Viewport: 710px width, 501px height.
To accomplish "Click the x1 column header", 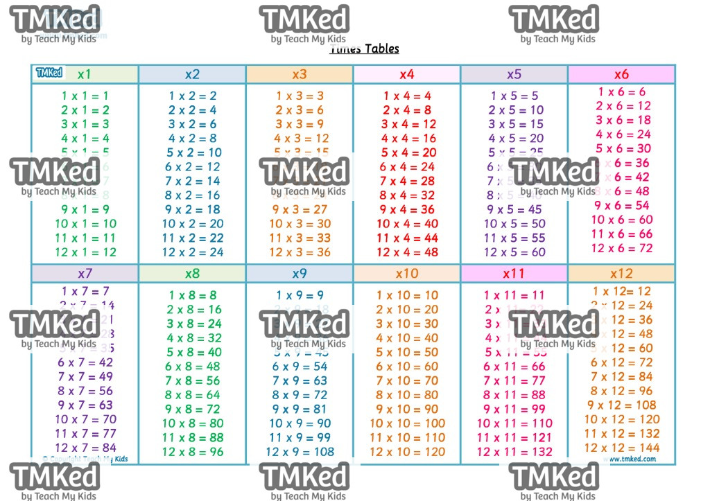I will [85, 74].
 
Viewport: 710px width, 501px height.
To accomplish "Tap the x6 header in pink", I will [621, 74].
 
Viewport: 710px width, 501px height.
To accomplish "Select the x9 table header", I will [300, 273].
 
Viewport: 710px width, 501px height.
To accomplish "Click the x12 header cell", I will [621, 273].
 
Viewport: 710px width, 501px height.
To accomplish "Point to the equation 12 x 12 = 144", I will [621, 448].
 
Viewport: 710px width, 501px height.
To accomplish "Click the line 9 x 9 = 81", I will [300, 409].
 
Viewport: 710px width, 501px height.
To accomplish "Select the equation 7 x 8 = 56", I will [193, 380].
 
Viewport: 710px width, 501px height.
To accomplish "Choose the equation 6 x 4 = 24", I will [407, 167].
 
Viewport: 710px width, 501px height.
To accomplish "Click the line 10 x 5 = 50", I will [514, 224].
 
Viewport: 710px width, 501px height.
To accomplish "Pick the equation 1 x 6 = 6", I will [622, 91].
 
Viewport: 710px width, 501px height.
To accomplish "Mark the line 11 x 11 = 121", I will [514, 437].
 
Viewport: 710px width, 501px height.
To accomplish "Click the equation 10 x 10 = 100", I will [407, 423].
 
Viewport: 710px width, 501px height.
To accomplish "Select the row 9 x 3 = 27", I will [300, 210].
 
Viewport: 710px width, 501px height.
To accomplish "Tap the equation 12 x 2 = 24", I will [193, 252].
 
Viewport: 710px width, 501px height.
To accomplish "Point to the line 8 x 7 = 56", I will [85, 391].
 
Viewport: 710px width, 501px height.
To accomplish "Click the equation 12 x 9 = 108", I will [300, 452].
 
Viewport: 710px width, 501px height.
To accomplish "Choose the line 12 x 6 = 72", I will [622, 248].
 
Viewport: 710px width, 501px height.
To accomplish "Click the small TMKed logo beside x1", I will [49, 73].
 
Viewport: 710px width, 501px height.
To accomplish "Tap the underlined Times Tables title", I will [365, 49].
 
